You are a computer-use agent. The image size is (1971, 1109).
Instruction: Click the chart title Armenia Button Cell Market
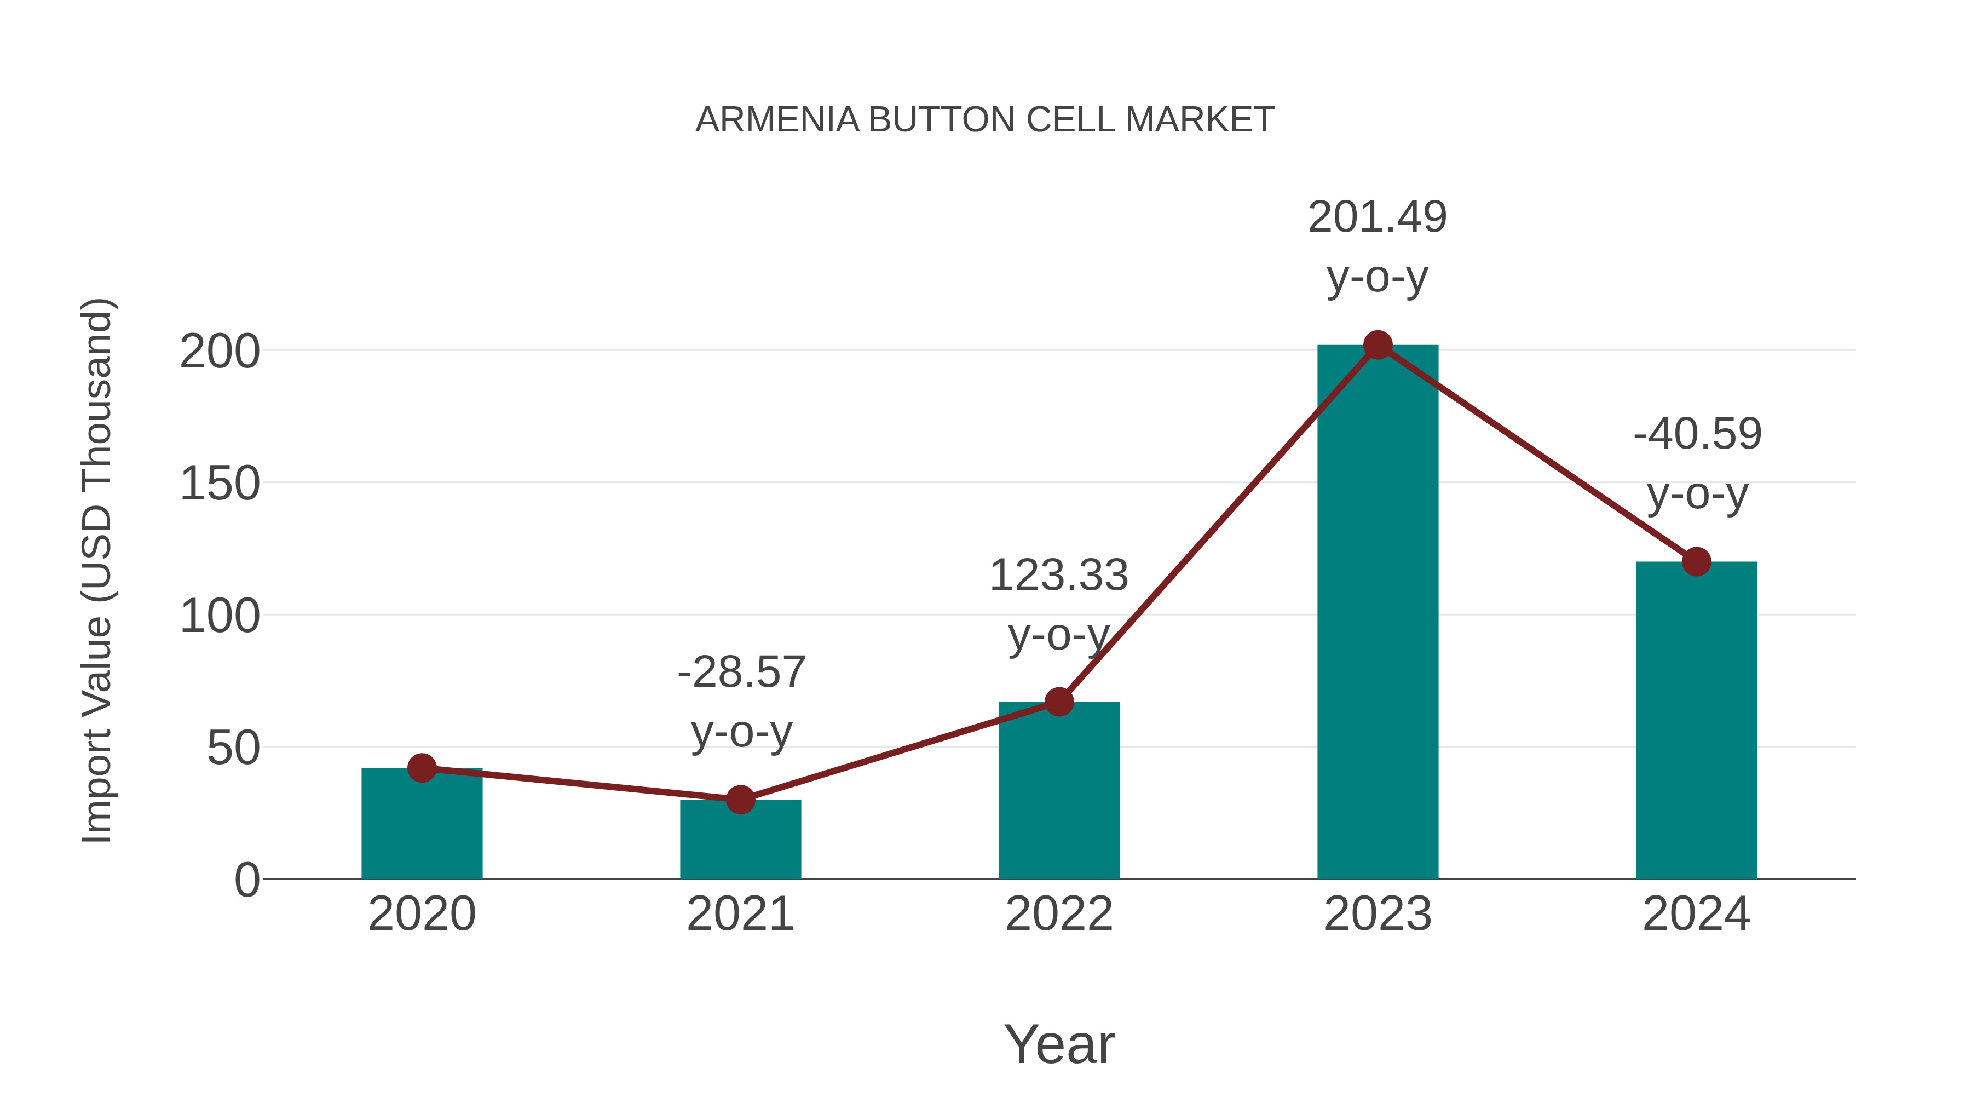[985, 120]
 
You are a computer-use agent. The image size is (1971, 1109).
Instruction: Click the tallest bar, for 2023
[1378, 612]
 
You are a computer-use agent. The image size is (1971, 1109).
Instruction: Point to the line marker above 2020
[422, 768]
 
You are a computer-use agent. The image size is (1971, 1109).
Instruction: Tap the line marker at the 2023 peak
[1378, 345]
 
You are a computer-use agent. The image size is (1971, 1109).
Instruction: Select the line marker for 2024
[1696, 562]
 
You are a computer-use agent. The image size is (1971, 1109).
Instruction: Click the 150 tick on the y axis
[220, 485]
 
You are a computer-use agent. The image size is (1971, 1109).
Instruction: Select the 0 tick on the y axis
[247, 880]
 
